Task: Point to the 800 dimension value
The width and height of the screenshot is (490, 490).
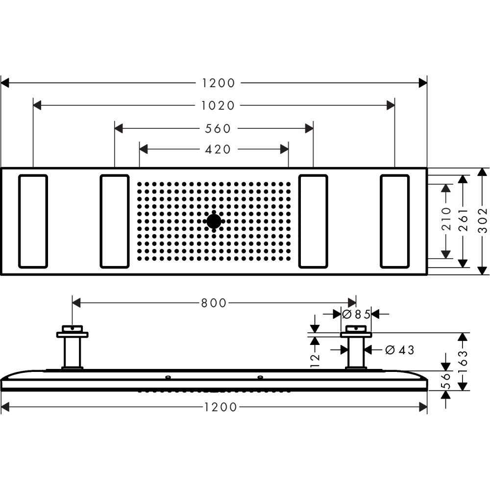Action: [x=214, y=303]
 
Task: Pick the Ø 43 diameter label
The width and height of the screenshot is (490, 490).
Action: [x=399, y=350]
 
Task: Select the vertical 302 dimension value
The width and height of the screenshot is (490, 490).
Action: [x=483, y=221]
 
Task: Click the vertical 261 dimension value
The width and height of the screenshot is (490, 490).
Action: [x=463, y=221]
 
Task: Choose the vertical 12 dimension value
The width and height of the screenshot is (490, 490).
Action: [x=315, y=358]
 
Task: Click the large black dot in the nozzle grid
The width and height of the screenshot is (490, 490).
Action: [x=214, y=221]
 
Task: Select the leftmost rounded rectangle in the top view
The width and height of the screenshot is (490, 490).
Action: [x=33, y=221]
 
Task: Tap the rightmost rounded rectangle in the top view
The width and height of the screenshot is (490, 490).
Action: [x=394, y=221]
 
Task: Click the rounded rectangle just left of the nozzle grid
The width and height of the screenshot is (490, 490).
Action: [x=115, y=221]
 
